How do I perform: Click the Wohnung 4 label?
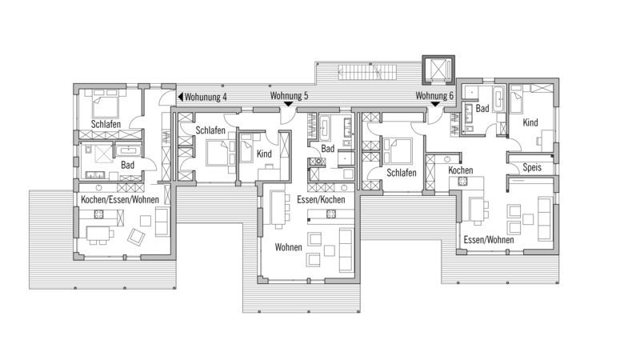(x=206, y=97)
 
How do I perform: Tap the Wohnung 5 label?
(x=289, y=96)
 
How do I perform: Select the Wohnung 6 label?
(x=434, y=96)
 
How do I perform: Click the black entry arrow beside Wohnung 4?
(x=181, y=97)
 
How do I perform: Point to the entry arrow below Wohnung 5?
(x=289, y=104)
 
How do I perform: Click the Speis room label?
(x=532, y=167)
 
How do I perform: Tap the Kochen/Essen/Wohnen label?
(x=120, y=200)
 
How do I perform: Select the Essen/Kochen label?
(x=321, y=199)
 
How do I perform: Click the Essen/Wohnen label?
(x=489, y=239)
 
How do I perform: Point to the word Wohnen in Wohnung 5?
(x=289, y=247)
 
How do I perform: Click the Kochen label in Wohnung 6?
(x=461, y=170)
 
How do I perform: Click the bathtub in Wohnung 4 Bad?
(x=129, y=151)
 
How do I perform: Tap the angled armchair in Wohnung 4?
(x=136, y=237)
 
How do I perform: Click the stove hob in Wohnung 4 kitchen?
(x=99, y=214)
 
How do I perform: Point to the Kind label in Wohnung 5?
(x=264, y=154)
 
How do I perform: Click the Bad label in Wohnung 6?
(x=482, y=109)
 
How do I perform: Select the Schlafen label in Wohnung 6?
(x=402, y=173)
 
